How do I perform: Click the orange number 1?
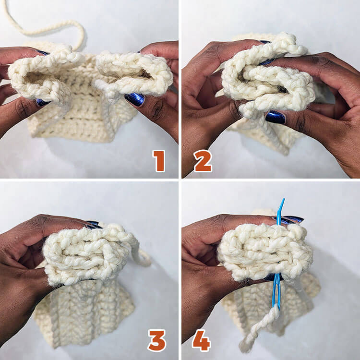click(x=159, y=160)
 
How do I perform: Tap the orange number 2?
click(x=203, y=160)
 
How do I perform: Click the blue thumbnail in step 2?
click(x=276, y=117)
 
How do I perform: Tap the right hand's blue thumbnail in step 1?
click(x=135, y=99)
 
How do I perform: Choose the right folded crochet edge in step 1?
click(x=134, y=72)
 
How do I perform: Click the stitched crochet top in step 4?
click(x=264, y=252)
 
